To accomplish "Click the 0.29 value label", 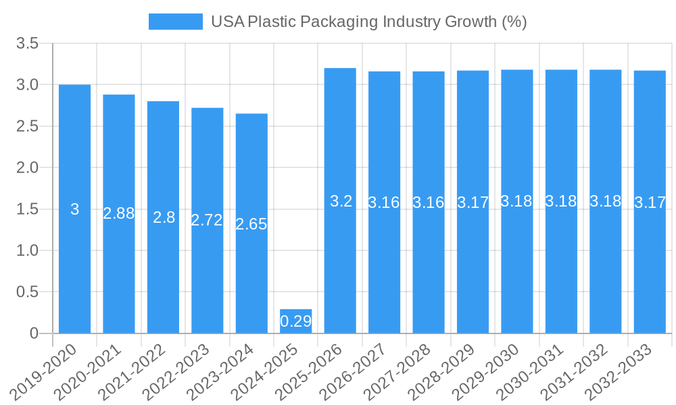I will click(295, 321).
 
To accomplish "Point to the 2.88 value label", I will click(119, 213).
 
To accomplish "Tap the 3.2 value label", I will click(341, 201).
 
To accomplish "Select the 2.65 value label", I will click(251, 224).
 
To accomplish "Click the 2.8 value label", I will click(164, 217).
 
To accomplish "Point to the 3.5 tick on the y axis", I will click(28, 44).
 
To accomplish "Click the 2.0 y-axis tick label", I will click(28, 167).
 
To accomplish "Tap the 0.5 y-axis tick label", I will click(28, 292).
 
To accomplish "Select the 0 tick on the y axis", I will click(34, 333).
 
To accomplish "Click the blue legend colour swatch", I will click(175, 22).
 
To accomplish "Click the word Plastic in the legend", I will click(272, 22).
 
